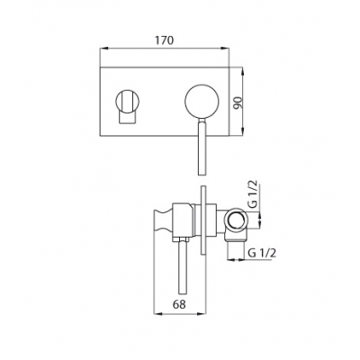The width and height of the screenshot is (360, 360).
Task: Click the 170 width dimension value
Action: pyautogui.click(x=164, y=40)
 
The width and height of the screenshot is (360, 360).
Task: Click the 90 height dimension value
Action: pyautogui.click(x=238, y=103)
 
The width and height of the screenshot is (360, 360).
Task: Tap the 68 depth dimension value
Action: pyautogui.click(x=179, y=304)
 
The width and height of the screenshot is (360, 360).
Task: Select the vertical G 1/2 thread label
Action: pyautogui.click(x=254, y=194)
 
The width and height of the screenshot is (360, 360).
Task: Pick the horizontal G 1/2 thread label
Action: pyautogui.click(x=262, y=253)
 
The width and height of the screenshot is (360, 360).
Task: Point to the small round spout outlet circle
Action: pyautogui.click(x=128, y=101)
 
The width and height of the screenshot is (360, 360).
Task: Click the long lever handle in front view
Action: pyautogui.click(x=202, y=147)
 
